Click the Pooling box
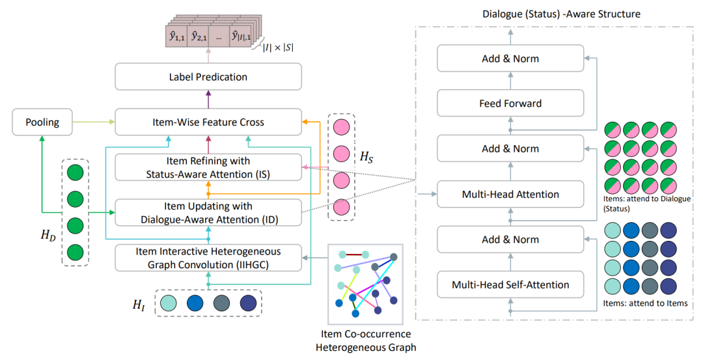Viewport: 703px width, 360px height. click(x=42, y=122)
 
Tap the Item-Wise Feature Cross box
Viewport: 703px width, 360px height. click(x=208, y=122)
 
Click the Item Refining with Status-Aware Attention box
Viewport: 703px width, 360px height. click(x=208, y=167)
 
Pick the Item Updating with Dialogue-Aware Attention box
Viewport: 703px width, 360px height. click(x=208, y=213)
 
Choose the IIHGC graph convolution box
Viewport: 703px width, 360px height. click(x=208, y=258)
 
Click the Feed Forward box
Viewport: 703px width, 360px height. click(x=510, y=104)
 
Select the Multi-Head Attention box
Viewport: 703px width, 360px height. click(x=510, y=194)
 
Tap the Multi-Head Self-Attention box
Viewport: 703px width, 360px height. click(x=510, y=284)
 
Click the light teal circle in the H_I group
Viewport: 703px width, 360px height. click(x=169, y=303)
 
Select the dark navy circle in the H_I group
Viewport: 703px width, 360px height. click(x=247, y=303)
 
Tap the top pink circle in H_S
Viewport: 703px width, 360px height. click(x=342, y=126)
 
